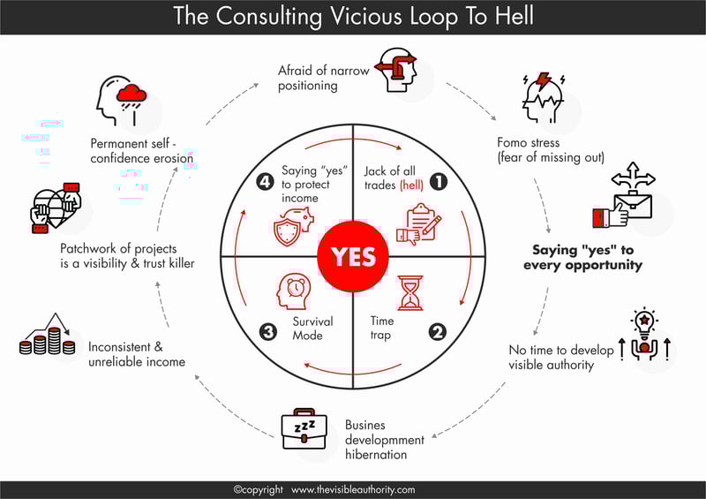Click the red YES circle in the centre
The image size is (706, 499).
pos(353,256)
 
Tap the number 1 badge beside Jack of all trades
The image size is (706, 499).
pos(439,181)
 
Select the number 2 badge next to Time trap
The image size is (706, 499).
pos(437,332)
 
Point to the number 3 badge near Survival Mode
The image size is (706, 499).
pos(268,332)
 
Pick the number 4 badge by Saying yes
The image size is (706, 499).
pos(265,181)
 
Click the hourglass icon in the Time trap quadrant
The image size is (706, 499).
pos(410,293)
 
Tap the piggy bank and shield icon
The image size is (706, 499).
pos(294,226)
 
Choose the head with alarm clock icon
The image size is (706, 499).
pos(293,291)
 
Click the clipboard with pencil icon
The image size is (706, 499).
pos(418,224)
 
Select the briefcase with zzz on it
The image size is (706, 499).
pos(304,428)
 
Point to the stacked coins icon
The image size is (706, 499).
pos(48,334)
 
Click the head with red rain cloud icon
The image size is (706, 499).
pos(121,100)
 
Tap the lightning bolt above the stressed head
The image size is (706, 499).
pos(544,80)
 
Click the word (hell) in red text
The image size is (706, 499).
pos(411,185)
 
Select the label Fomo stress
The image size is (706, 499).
pos(528,142)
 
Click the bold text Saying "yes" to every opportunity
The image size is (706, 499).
pos(582,257)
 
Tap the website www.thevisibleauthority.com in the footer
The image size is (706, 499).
pos(353,489)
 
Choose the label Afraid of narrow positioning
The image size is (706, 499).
pos(323,78)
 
